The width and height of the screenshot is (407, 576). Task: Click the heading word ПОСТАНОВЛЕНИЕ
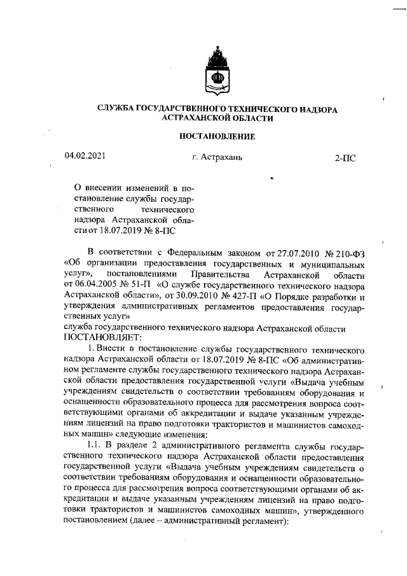pos(217,136)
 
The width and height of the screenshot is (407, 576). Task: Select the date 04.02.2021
pos(85,155)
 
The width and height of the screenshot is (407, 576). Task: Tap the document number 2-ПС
pos(345,157)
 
